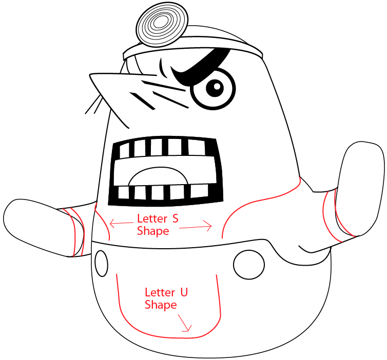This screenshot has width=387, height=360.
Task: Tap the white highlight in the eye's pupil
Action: pyautogui.click(x=217, y=87)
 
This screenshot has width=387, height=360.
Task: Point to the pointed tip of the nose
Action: pyautogui.click(x=90, y=74)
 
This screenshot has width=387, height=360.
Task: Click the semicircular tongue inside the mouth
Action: pyautogui.click(x=158, y=176)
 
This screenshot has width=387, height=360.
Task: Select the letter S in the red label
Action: pyautogui.click(x=175, y=218)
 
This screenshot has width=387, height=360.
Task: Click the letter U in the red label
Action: pyautogui.click(x=184, y=292)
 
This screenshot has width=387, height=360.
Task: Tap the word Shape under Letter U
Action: pyautogui.click(x=161, y=305)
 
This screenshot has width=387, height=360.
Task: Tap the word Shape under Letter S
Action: pyautogui.click(x=153, y=231)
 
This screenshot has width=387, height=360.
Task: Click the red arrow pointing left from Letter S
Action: pyautogui.click(x=122, y=224)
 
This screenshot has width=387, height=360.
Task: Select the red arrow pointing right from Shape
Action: pyautogui.click(x=196, y=227)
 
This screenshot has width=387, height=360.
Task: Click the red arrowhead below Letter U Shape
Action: pyautogui.click(x=184, y=323)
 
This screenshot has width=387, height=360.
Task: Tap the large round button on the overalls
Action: pyautogui.click(x=249, y=265)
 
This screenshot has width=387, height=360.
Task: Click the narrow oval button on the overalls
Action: pyautogui.click(x=102, y=264)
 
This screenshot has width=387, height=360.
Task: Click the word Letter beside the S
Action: pyautogui.click(x=152, y=218)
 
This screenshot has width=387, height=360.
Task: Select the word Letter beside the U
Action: pyautogui.click(x=160, y=292)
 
